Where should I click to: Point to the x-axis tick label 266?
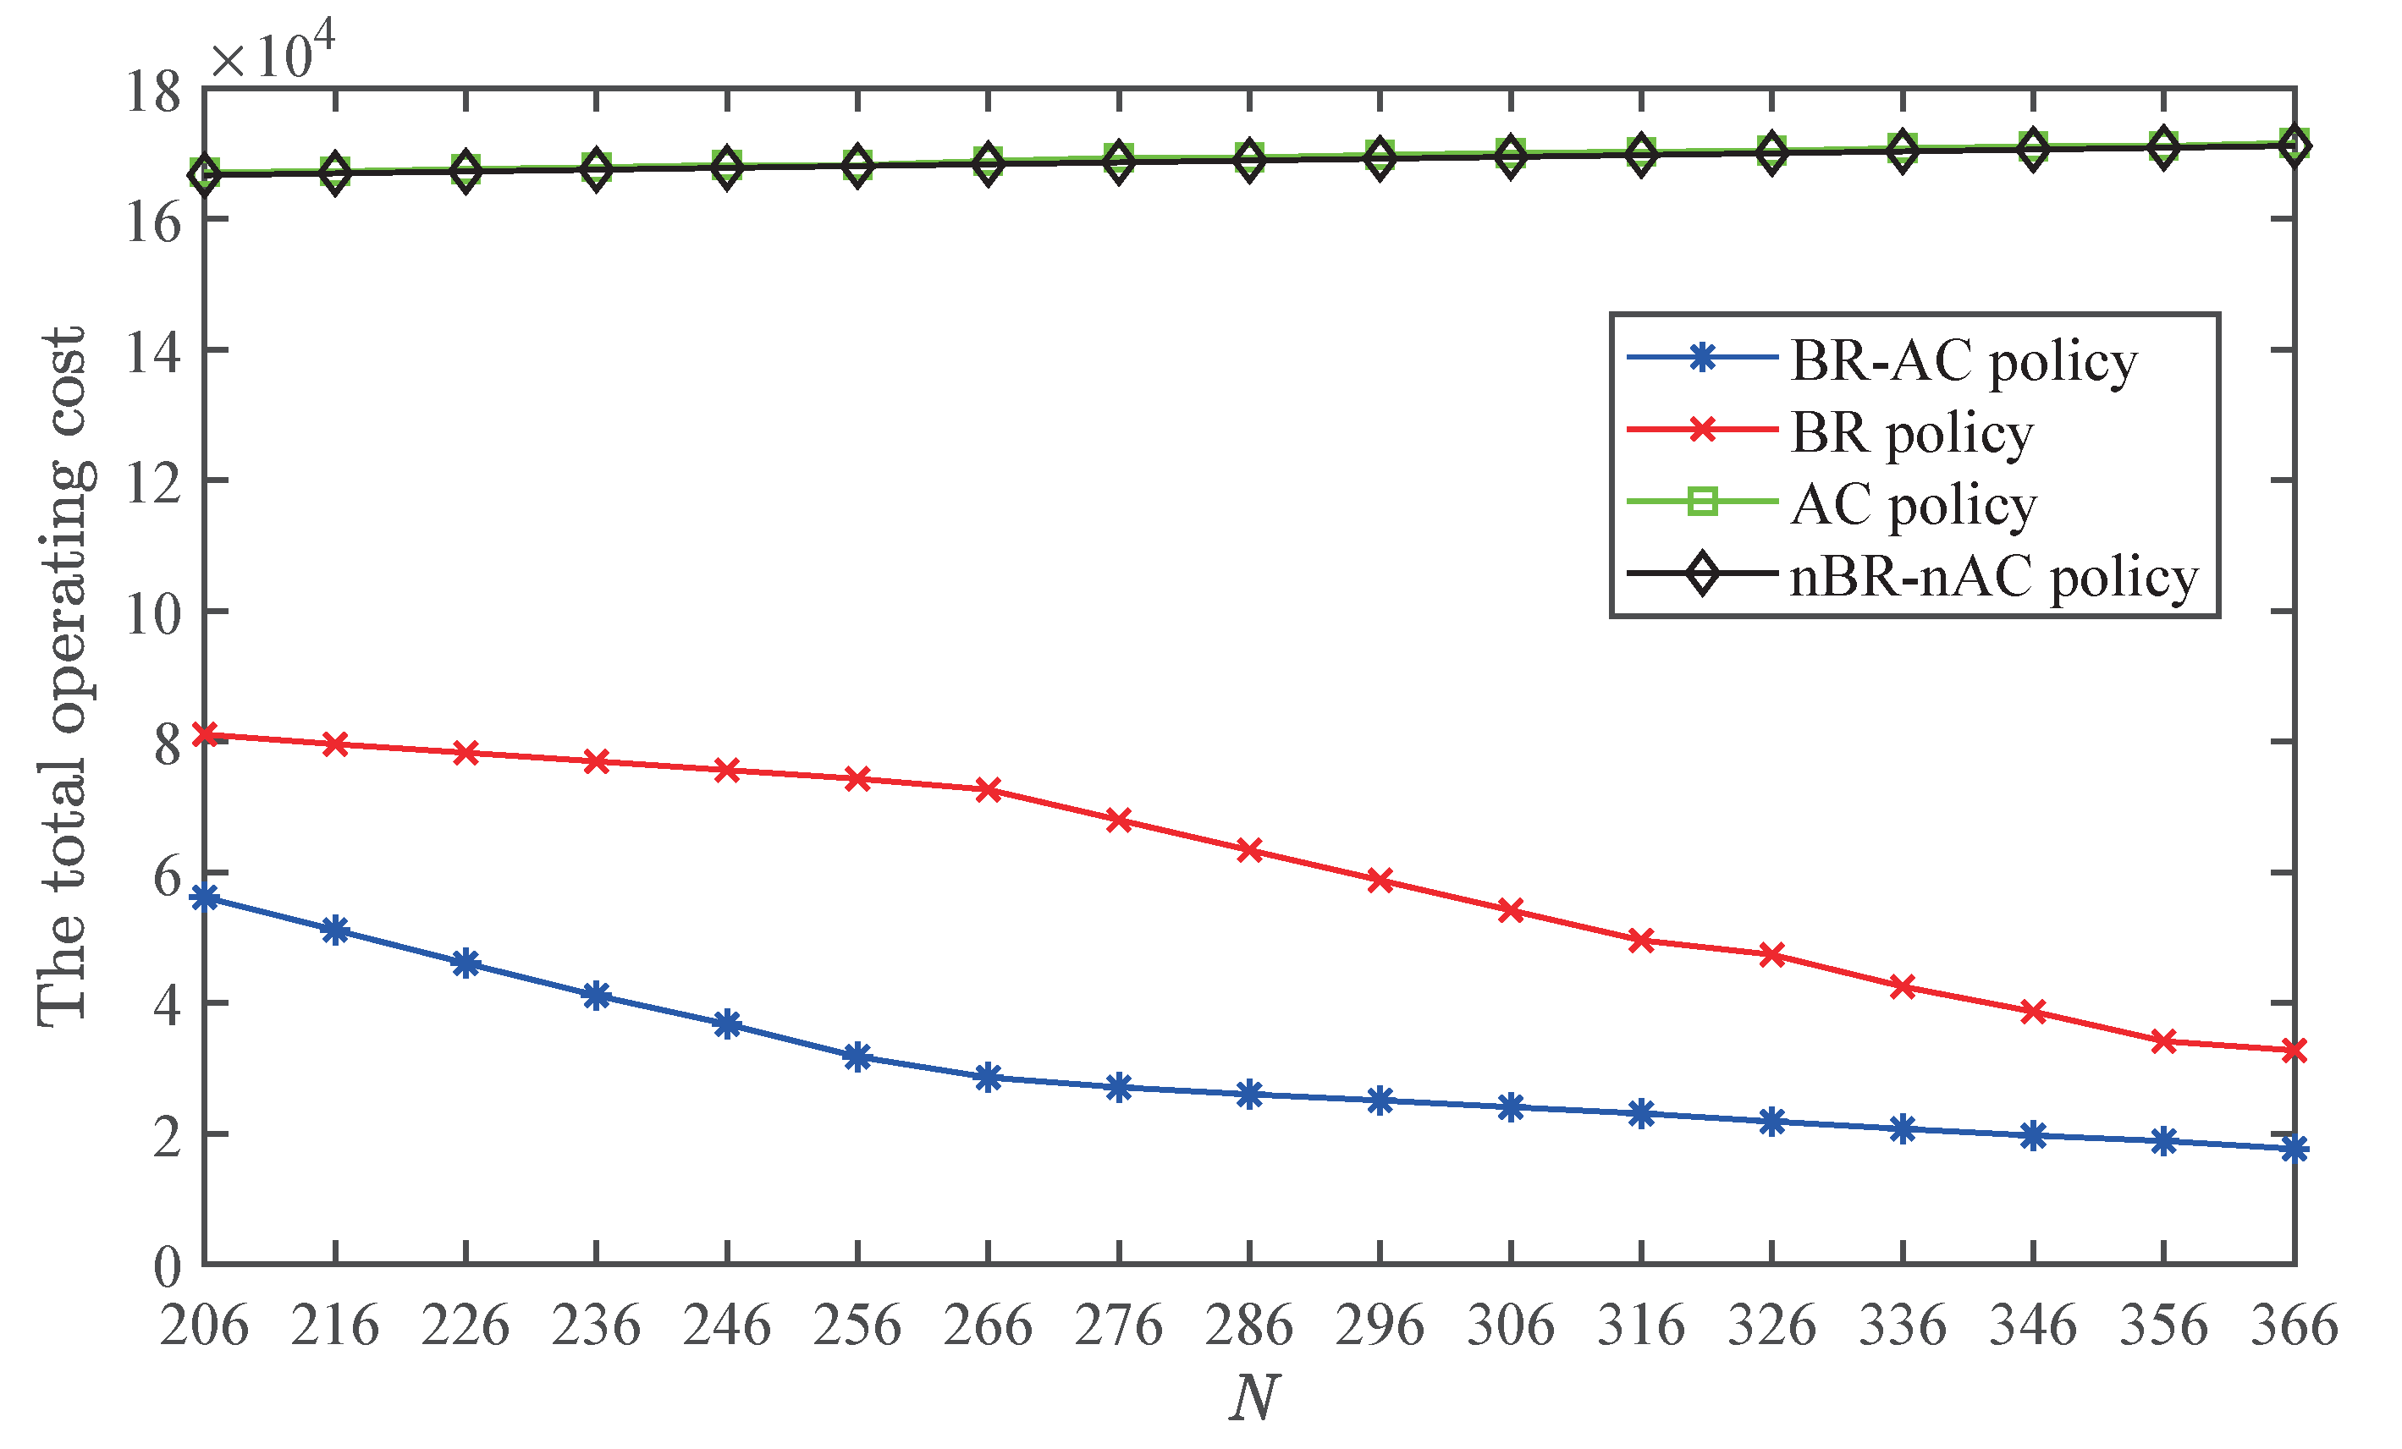tap(988, 1326)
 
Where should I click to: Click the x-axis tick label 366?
tap(2294, 1326)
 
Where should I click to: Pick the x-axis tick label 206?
tap(204, 1326)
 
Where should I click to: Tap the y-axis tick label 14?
tap(154, 352)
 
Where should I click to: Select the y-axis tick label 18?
tap(154, 91)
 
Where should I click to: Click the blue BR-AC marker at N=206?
tap(205, 897)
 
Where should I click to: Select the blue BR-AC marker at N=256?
tap(857, 1057)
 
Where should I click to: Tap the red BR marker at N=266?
tap(988, 789)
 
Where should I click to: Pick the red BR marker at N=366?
tap(2294, 1051)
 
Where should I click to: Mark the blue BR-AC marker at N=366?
tap(2294, 1149)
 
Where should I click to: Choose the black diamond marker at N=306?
tap(1510, 156)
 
